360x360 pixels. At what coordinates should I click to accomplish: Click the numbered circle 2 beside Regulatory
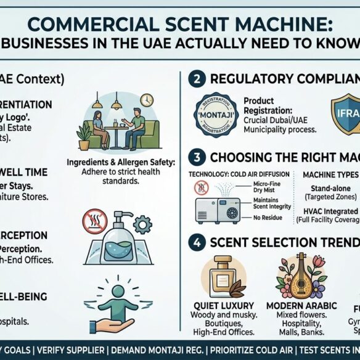[x=195, y=79]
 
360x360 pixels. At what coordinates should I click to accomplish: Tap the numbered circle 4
[x=195, y=242]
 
